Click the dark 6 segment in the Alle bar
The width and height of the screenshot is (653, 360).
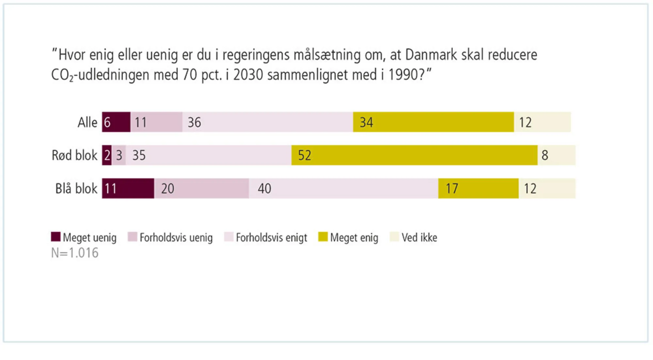(x=116, y=122)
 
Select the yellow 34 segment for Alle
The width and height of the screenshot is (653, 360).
(x=433, y=122)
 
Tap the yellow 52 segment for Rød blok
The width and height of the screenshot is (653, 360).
(x=414, y=155)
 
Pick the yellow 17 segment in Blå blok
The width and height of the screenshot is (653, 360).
(x=478, y=188)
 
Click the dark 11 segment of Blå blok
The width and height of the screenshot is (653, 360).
(x=128, y=188)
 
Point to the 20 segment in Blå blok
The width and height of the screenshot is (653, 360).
(x=201, y=188)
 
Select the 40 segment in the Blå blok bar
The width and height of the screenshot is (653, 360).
(x=343, y=188)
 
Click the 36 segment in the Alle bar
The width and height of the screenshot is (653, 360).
(x=267, y=122)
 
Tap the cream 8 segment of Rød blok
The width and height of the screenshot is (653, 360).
(x=556, y=155)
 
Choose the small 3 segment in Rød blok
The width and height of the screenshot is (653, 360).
(x=119, y=155)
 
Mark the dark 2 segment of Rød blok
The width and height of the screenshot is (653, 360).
(x=107, y=155)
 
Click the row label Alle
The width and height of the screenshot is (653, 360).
(x=87, y=123)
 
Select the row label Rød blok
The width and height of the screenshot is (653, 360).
(x=74, y=155)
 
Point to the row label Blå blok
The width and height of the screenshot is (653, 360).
(x=76, y=189)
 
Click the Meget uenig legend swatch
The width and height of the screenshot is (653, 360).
(x=56, y=237)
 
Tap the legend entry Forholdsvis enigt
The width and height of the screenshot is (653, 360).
(x=271, y=237)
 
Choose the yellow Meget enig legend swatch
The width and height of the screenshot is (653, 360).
(x=323, y=237)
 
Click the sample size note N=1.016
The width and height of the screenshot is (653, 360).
(x=74, y=253)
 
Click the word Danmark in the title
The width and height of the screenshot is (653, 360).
(x=431, y=55)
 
